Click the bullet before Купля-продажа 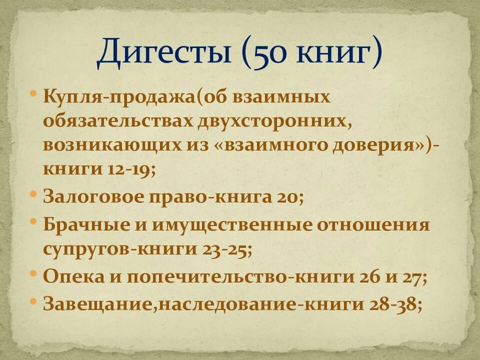coord(33,93)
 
